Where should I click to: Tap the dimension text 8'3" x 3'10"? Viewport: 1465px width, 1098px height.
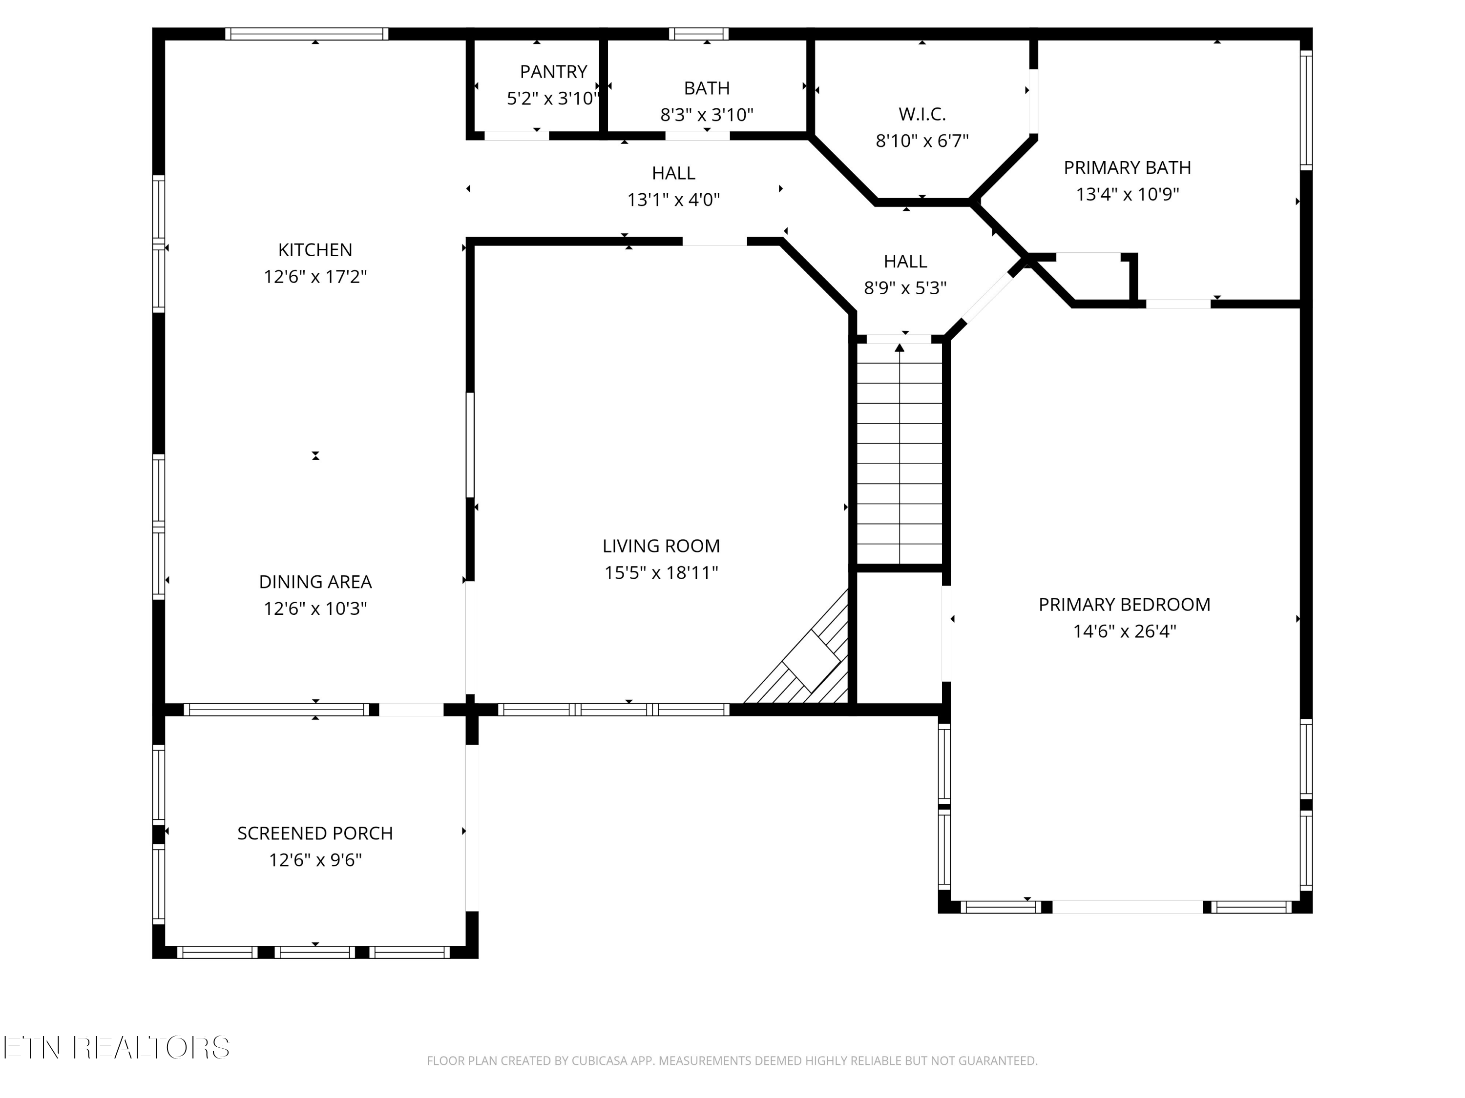pos(707,115)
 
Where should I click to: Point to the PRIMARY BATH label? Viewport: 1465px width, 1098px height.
pos(1127,168)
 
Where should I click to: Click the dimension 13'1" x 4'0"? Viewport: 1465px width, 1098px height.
pos(673,200)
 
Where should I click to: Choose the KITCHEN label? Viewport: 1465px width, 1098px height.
pos(315,250)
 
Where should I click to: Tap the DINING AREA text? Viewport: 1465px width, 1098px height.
pos(315,582)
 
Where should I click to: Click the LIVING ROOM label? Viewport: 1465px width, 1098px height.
pos(661,547)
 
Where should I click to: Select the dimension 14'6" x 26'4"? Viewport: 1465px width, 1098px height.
pos(1125,631)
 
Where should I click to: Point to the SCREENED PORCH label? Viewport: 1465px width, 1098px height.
pos(315,834)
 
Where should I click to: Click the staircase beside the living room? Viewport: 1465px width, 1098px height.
pos(900,457)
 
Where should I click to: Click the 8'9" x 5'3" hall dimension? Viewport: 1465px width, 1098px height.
pos(905,288)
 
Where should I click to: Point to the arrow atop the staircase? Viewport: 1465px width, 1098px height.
pos(900,348)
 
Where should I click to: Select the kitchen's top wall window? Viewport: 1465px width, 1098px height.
pos(306,34)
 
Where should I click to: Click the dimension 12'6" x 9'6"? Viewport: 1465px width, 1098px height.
pos(315,860)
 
